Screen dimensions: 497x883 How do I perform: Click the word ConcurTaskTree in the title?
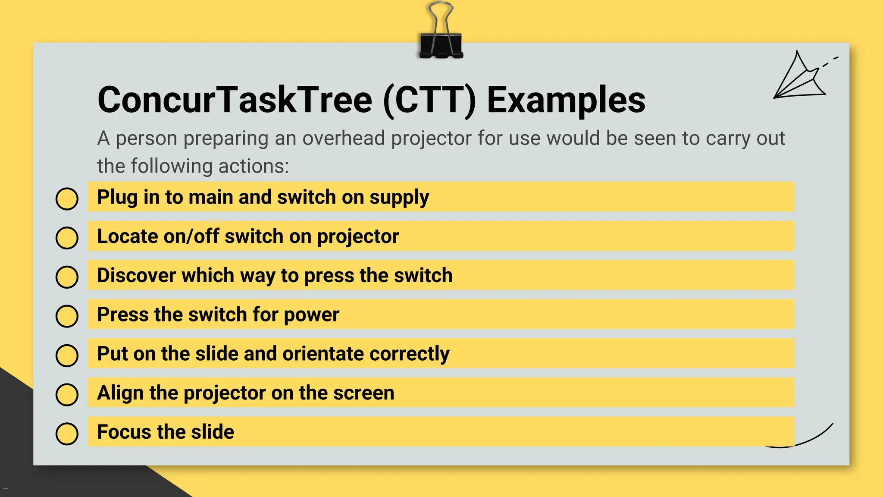point(235,100)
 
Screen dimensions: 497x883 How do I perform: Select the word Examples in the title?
point(566,100)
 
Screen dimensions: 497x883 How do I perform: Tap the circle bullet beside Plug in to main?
point(67,199)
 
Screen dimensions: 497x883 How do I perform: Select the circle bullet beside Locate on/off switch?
point(67,238)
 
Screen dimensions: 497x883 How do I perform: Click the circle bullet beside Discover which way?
point(67,277)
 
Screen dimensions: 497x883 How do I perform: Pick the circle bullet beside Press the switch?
point(67,316)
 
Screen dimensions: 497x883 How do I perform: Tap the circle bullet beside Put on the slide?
point(67,355)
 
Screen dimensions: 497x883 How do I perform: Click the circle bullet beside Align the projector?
point(67,394)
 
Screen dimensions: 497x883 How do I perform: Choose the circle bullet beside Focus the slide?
point(67,434)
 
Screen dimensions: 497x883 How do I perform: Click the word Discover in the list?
point(136,276)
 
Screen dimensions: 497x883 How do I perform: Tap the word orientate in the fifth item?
point(323,354)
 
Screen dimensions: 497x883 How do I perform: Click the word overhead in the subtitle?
point(343,138)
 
